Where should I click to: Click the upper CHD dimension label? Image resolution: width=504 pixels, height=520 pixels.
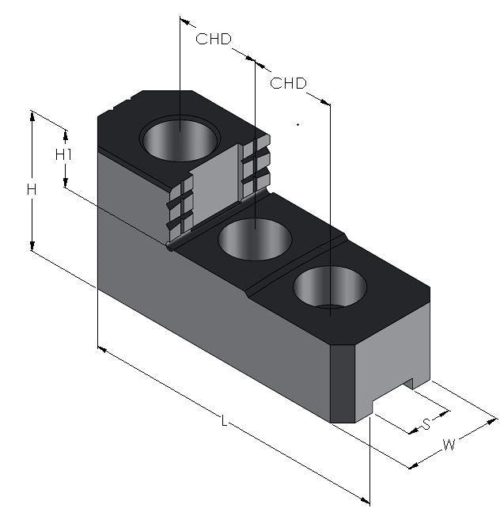point(214,39)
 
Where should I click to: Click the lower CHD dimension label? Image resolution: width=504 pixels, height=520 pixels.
point(288,83)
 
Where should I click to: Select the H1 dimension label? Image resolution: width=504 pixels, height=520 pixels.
point(63,154)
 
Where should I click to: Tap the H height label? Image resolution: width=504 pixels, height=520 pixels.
point(32,190)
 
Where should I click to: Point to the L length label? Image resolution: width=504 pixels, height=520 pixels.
point(225,421)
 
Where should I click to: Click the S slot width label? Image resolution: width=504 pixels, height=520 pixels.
point(426,423)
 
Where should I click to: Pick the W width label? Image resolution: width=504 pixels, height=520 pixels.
point(449,445)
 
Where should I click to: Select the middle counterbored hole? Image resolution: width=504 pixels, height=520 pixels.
point(255,239)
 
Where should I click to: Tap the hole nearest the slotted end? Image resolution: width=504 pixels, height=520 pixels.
point(330,287)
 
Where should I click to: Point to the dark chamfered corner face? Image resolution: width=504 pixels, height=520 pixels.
point(343,384)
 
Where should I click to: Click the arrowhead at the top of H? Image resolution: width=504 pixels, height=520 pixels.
point(32,116)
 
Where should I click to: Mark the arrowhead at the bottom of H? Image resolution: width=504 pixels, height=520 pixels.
point(32,245)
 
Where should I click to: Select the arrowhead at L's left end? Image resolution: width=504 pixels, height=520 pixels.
point(102,350)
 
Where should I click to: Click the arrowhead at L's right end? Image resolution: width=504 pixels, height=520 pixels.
point(365,500)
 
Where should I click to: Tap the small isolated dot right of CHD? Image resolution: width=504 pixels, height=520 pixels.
point(297,125)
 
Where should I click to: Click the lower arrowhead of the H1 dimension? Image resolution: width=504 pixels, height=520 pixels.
point(66,182)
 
